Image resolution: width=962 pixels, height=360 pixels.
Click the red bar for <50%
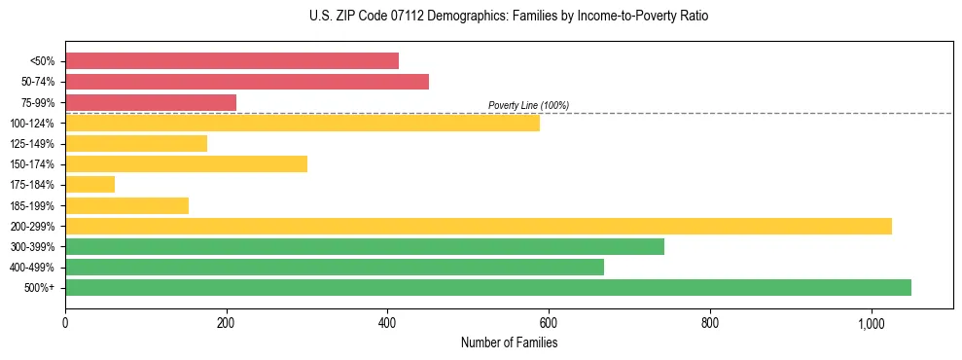(232, 60)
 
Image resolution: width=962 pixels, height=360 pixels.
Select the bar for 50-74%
(247, 82)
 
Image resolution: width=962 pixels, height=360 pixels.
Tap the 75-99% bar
(151, 102)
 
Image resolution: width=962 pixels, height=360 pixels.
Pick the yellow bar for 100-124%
(303, 123)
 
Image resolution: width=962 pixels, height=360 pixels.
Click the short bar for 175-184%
(89, 184)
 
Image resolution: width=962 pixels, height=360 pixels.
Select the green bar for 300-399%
(365, 246)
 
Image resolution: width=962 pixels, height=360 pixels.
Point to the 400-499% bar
(335, 267)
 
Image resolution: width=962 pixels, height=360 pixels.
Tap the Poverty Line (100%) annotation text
(528, 105)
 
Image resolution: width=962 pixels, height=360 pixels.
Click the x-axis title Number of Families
(509, 342)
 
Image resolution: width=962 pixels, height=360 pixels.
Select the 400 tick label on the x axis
(387, 322)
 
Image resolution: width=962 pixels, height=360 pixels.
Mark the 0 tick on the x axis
(65, 322)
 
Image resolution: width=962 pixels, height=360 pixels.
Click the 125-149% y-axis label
(32, 144)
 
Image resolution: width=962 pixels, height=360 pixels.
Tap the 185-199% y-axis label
(32, 205)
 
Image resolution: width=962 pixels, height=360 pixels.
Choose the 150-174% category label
(32, 164)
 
